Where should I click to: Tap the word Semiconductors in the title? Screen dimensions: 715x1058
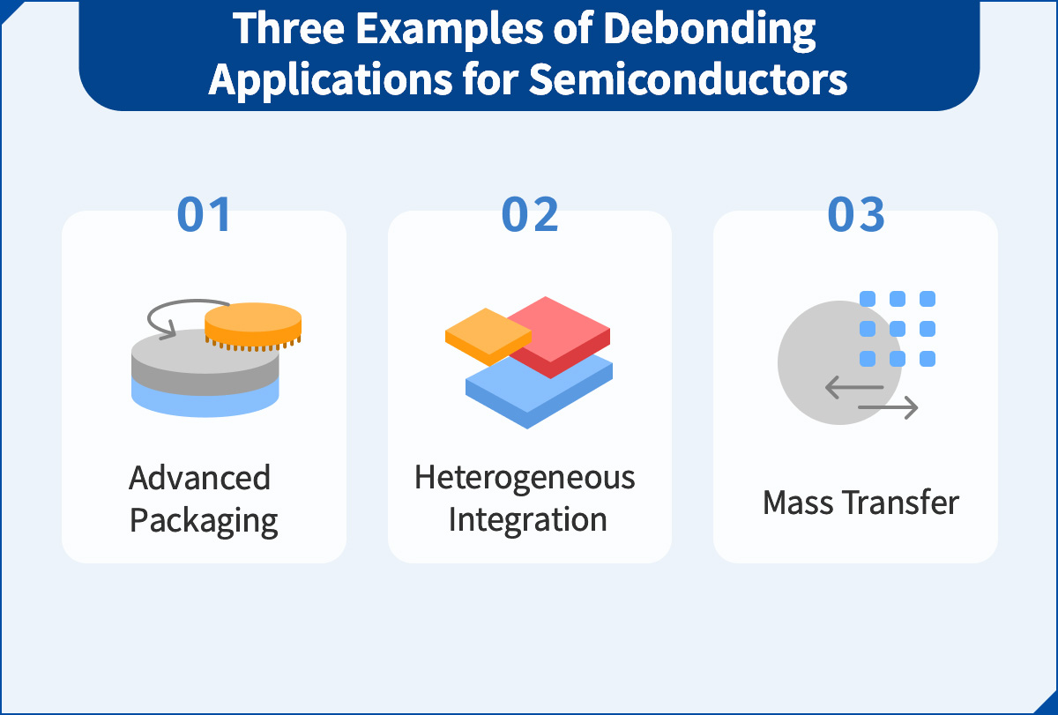[x=688, y=79]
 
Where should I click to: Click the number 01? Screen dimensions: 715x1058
[x=204, y=214]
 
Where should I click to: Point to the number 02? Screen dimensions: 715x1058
[x=530, y=214]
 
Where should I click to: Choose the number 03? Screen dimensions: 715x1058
[x=856, y=214]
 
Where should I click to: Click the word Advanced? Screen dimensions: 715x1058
[x=200, y=478]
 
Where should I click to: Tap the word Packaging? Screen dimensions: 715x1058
[x=204, y=520]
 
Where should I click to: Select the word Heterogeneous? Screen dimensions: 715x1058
[x=525, y=478]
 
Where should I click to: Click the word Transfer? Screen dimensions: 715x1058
[x=900, y=503]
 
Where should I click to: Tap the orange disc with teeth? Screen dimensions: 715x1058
[x=253, y=327]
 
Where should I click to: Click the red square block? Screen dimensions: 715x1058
[x=564, y=331]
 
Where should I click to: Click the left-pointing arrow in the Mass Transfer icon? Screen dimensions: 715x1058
[x=853, y=387]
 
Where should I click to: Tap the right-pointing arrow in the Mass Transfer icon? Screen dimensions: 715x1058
[x=889, y=407]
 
